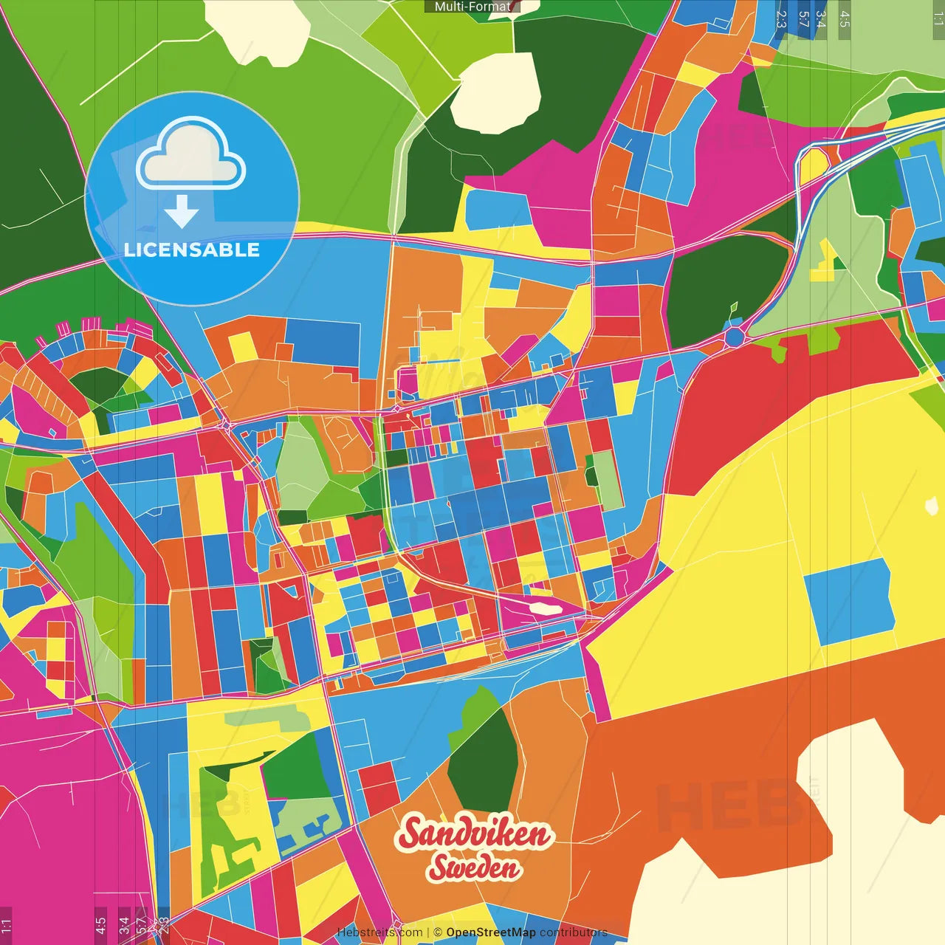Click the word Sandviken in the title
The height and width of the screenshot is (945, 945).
pos(474,834)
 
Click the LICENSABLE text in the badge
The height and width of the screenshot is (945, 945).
pos(192,250)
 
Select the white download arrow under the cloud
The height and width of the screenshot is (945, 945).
pos(182,212)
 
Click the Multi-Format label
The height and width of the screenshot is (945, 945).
pos(472,7)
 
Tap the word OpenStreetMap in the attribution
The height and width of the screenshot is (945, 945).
pos(490,932)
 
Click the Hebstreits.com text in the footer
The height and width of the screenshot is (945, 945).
pos(379,932)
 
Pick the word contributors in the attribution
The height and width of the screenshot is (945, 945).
pos(574,932)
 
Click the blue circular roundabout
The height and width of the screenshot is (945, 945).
pos(734,337)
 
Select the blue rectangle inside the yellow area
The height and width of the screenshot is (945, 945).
pos(849,599)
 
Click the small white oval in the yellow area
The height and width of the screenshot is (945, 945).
pos(932,506)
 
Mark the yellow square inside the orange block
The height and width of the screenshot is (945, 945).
pos(241,347)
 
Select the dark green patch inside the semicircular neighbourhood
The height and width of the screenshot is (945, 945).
pos(100,384)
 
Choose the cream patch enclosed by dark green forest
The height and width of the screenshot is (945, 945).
pos(496,92)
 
